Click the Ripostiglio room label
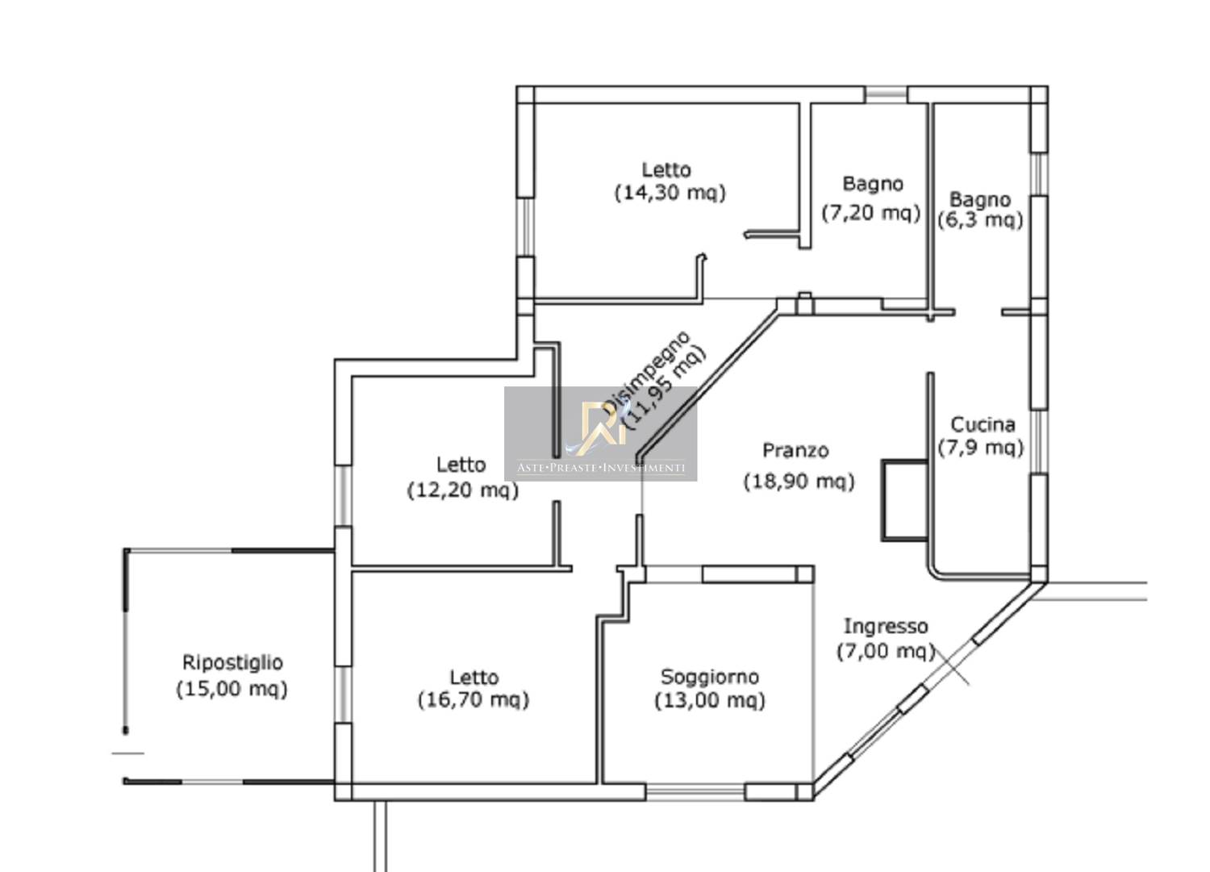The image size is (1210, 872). pyautogui.click(x=232, y=663)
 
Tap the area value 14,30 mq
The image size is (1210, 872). pyautogui.click(x=670, y=193)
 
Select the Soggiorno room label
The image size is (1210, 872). pyautogui.click(x=710, y=677)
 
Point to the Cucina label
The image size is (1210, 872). pyautogui.click(x=983, y=424)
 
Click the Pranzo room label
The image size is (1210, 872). pyautogui.click(x=795, y=450)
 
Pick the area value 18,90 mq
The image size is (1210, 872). pyautogui.click(x=799, y=482)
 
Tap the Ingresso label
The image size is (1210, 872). pyautogui.click(x=886, y=626)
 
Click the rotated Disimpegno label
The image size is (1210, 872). pyautogui.click(x=645, y=372)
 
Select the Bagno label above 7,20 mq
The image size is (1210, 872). pyautogui.click(x=873, y=184)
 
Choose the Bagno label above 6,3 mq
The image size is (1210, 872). pyautogui.click(x=980, y=200)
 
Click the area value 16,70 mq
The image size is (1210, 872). pyautogui.click(x=474, y=700)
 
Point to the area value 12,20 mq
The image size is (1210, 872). pyautogui.click(x=462, y=490)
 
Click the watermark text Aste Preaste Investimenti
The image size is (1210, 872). pyautogui.click(x=601, y=468)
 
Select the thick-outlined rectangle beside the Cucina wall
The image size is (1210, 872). pyautogui.click(x=905, y=500)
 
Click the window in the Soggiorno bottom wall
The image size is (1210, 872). pyautogui.click(x=695, y=792)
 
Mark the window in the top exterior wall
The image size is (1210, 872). pyautogui.click(x=886, y=94)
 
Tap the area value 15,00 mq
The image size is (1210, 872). pyautogui.click(x=232, y=689)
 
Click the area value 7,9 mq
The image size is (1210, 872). pyautogui.click(x=981, y=448)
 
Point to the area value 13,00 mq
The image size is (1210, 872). pyautogui.click(x=710, y=701)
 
